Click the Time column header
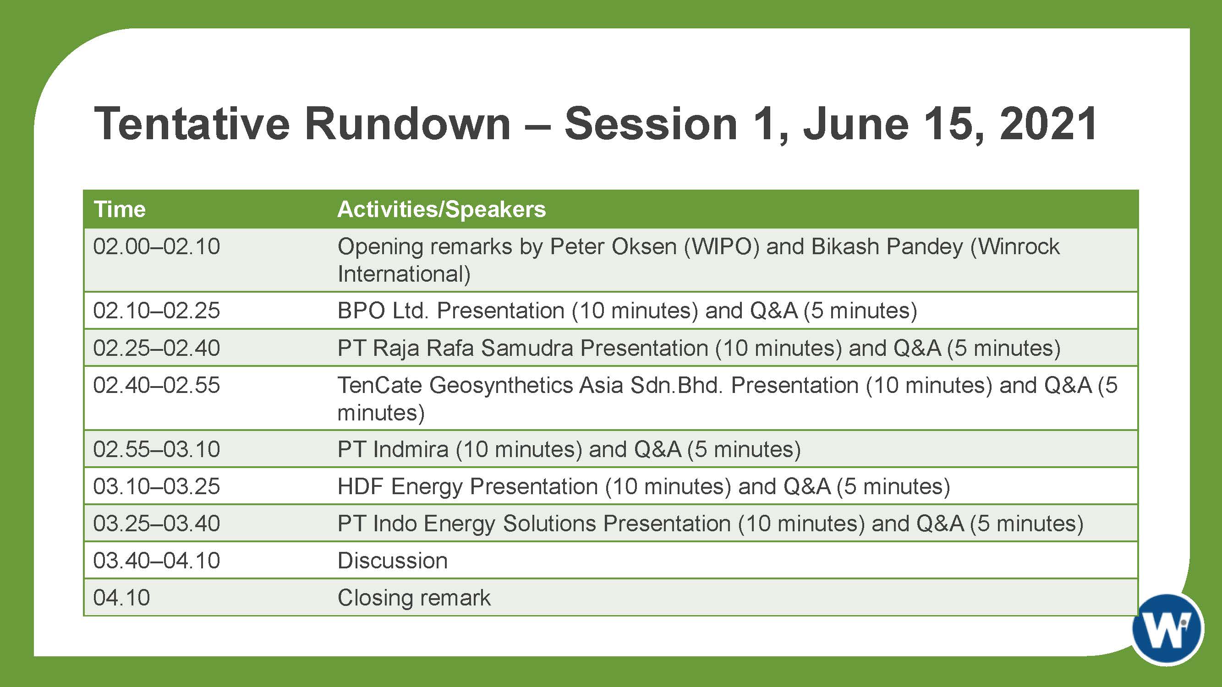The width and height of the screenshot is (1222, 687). (x=120, y=209)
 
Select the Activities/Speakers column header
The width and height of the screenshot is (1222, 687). (x=442, y=209)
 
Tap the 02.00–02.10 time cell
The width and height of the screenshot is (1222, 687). (x=157, y=246)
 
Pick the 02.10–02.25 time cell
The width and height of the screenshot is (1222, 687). (x=157, y=311)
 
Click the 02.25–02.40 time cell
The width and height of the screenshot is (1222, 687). (x=157, y=348)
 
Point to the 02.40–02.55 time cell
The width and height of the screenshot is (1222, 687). (x=157, y=385)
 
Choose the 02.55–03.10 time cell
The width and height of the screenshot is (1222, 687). (x=157, y=449)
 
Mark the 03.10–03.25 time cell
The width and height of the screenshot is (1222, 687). (x=157, y=486)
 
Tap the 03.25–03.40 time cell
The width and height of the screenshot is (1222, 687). (x=157, y=523)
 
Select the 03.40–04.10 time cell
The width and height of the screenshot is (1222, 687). (x=157, y=561)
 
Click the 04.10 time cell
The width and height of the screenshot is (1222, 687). (x=121, y=597)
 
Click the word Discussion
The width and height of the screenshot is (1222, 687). (x=392, y=561)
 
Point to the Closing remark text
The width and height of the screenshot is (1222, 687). (x=414, y=598)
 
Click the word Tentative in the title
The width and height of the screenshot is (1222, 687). (x=192, y=124)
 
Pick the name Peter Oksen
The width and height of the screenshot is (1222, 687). (x=613, y=246)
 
